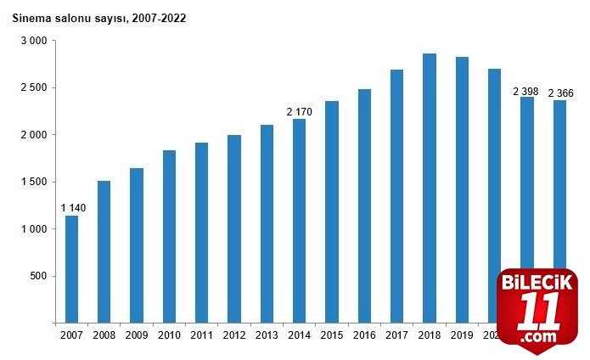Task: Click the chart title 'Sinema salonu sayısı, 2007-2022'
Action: coord(99,17)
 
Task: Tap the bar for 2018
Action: coord(430,188)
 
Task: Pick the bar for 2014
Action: coord(299,221)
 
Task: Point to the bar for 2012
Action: coord(234,228)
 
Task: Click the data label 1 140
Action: coord(72,208)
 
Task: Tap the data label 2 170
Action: coord(300,111)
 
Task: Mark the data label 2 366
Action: coord(561,93)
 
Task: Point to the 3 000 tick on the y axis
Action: coord(33,41)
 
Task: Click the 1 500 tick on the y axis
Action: coord(33,182)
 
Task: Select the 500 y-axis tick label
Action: coord(38,276)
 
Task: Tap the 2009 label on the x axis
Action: coord(137,336)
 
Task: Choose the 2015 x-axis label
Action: coord(332,336)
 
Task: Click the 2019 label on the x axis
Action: coord(462,336)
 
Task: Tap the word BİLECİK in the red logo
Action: coord(537,282)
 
